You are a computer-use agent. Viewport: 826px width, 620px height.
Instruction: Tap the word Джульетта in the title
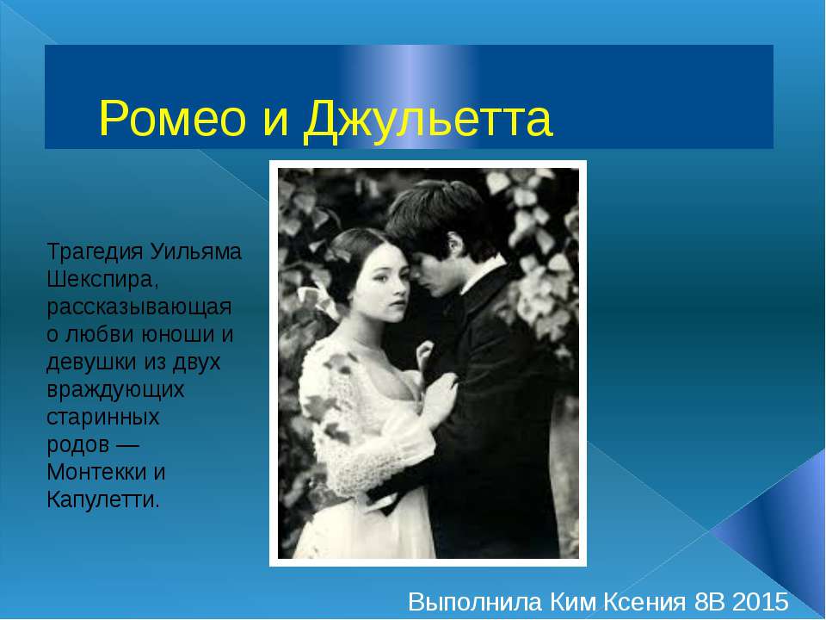[x=428, y=120]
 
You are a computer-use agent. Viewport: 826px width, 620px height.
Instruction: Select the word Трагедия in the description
[x=95, y=253]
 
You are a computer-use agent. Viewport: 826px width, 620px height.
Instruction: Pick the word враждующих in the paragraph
[x=115, y=389]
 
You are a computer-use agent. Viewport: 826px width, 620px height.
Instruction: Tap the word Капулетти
[x=102, y=499]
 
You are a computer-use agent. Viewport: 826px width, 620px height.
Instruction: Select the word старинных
[x=102, y=417]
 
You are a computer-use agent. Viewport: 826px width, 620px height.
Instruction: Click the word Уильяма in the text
[x=197, y=253]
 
